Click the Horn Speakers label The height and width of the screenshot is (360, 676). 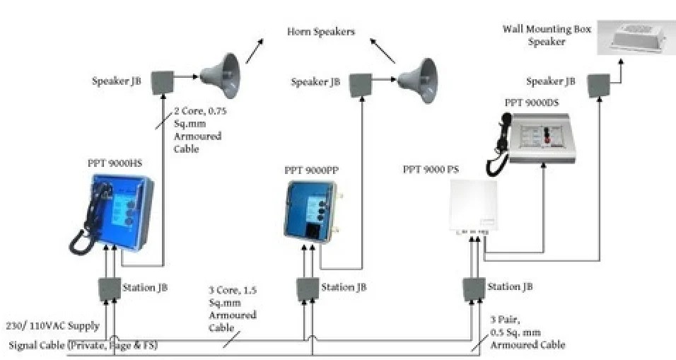(x=320, y=32)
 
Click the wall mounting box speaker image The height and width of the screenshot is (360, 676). (x=634, y=37)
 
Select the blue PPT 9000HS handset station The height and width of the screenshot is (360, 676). (x=117, y=212)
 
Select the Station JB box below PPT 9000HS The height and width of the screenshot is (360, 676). (x=109, y=289)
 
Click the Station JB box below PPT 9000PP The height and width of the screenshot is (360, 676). (x=307, y=288)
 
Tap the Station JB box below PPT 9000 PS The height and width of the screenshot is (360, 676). (x=474, y=288)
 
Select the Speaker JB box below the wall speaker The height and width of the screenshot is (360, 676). (x=601, y=83)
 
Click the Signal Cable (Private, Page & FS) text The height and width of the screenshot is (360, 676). (x=83, y=346)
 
